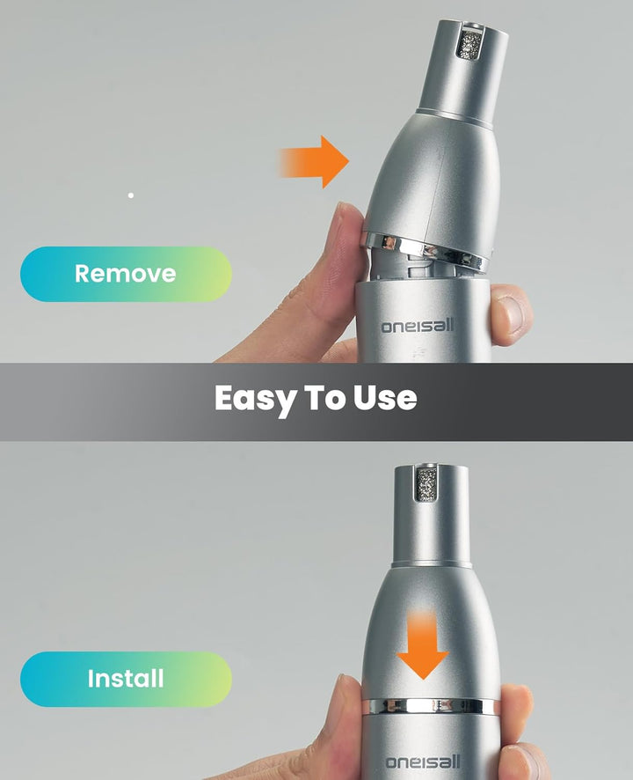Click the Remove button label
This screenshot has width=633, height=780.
click(125, 274)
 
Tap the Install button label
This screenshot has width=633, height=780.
click(126, 679)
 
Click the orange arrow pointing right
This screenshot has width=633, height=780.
click(313, 162)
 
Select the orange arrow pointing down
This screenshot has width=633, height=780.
click(423, 645)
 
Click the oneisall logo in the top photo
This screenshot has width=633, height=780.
click(418, 326)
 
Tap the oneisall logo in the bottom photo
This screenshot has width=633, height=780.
click(424, 762)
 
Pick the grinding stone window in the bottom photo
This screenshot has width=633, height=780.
click(426, 482)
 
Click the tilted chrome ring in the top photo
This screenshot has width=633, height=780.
click(425, 251)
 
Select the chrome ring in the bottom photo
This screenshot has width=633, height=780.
click(430, 706)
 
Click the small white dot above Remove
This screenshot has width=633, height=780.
click(131, 195)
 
